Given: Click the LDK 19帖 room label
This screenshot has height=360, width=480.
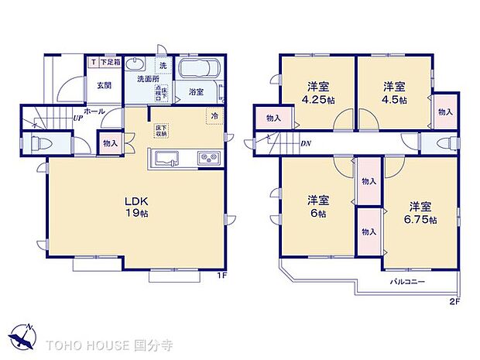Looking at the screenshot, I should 137,207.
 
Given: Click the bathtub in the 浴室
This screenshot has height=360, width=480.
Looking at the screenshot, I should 201,74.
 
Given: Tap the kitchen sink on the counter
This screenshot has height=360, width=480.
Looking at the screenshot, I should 168,159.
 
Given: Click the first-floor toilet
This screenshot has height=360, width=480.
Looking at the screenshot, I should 43,143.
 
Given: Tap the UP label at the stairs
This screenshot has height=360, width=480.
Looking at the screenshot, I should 78,118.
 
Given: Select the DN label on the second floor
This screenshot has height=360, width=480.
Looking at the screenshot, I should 305,144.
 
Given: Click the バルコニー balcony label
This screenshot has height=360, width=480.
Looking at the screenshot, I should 406,281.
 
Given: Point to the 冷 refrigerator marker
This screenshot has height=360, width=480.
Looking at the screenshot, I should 214,116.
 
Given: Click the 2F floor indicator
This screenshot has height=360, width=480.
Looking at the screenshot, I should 454,301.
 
